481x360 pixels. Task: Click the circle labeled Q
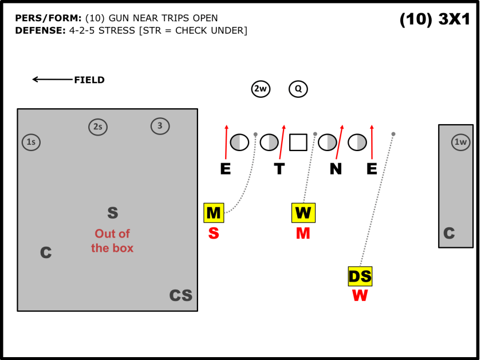point(298,89)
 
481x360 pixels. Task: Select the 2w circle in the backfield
point(261,89)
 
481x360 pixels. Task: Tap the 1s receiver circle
point(31,142)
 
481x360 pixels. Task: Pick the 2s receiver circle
point(98,127)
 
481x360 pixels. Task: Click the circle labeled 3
point(160,126)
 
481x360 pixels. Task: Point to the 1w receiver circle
point(460,142)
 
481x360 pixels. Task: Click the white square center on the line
point(298,142)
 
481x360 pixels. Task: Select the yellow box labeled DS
point(360,276)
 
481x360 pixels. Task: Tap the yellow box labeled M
point(214,213)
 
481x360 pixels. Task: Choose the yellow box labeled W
point(303,213)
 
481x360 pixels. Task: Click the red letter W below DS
point(360,296)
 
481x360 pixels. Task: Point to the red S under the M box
point(214,234)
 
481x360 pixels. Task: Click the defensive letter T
point(279,169)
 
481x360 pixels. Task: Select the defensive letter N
point(336,169)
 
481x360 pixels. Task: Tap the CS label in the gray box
point(180,295)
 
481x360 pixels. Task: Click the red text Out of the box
point(112,240)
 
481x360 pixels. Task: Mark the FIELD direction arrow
point(52,80)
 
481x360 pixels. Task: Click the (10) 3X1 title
point(435,19)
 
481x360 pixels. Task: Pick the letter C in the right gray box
point(449,234)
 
